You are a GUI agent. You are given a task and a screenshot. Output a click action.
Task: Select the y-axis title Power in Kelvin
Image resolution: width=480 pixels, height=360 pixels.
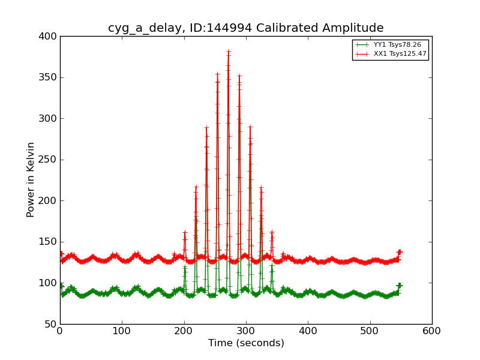tap(31, 179)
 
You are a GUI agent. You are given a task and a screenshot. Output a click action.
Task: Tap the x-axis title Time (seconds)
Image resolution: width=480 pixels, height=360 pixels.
tap(246, 343)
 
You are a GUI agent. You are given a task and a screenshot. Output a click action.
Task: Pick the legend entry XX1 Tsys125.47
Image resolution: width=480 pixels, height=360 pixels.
tap(400, 54)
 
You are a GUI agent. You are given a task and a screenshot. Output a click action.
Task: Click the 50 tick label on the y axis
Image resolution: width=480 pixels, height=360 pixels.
tap(51, 324)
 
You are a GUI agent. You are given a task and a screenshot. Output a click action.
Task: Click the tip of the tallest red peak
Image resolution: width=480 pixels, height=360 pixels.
tap(229, 52)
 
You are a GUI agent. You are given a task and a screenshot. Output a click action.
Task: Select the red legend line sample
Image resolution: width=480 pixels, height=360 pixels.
tap(362, 54)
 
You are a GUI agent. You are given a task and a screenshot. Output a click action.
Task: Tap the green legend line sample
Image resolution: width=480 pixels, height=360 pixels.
tap(362, 45)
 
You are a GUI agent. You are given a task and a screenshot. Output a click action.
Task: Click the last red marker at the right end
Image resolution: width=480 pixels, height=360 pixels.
tap(400, 252)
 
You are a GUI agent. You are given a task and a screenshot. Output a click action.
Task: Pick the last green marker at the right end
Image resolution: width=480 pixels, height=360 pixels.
tap(400, 286)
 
